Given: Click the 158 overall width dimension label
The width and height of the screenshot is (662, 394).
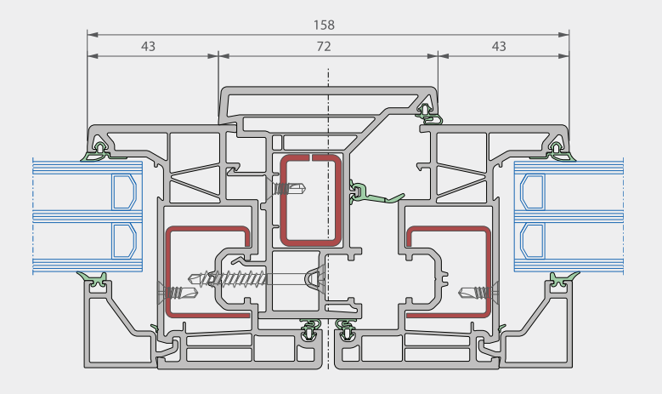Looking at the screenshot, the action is click(x=324, y=25).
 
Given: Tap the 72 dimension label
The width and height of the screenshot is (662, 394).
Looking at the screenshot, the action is click(x=324, y=47).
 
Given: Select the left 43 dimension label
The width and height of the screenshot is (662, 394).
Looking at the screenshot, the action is click(x=148, y=47).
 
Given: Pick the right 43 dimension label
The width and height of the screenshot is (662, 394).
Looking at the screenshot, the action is click(x=499, y=47).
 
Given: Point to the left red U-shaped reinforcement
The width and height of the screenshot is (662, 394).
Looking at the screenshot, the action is click(x=168, y=271).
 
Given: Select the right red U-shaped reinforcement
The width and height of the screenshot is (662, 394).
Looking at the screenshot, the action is click(x=488, y=271).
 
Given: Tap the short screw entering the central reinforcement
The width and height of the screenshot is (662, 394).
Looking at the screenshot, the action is click(x=287, y=189).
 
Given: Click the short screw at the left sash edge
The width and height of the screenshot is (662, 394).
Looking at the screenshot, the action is click(x=178, y=292).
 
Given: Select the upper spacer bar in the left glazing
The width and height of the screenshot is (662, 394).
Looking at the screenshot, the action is click(x=124, y=192).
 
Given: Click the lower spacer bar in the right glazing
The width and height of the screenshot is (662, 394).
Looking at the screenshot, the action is click(x=532, y=241).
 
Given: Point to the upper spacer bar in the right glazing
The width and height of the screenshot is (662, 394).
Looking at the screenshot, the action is click(x=532, y=192).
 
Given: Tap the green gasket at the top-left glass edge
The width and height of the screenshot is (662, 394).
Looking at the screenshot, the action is click(x=99, y=153).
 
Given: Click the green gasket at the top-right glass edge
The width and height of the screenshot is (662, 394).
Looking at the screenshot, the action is click(x=557, y=153).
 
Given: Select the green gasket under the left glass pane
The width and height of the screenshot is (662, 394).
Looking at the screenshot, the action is click(x=94, y=279).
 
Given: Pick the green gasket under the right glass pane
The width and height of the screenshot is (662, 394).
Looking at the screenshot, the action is click(x=563, y=279).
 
